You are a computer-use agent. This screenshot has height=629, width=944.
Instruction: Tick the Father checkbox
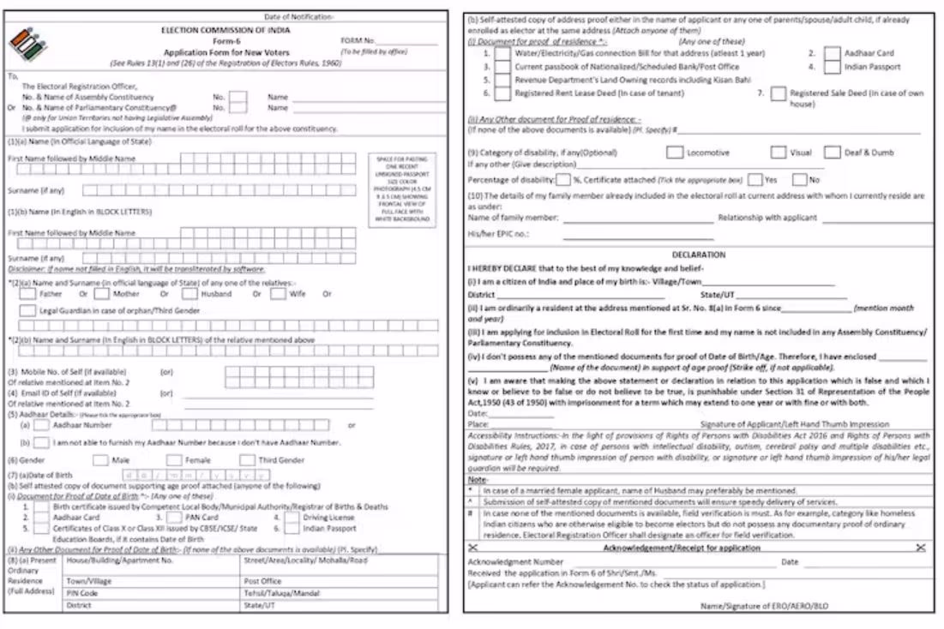point(27,294)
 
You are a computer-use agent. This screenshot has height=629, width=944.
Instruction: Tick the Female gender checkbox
point(174,460)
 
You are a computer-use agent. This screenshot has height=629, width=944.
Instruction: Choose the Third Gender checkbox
point(248,460)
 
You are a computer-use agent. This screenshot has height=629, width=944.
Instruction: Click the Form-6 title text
point(225,40)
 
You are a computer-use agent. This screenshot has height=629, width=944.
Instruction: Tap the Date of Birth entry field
point(189,475)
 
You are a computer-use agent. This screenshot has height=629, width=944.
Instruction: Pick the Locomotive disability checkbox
point(675,153)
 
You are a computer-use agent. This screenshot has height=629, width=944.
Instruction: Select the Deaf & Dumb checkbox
point(832,153)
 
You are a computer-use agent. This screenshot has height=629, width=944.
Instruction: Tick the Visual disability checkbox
point(778,153)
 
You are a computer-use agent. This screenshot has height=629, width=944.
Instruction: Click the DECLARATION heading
point(698,255)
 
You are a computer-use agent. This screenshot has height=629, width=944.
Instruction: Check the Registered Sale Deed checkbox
point(778,93)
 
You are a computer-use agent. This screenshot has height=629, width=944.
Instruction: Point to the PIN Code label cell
point(82,593)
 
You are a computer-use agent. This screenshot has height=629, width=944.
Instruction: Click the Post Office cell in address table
point(263,581)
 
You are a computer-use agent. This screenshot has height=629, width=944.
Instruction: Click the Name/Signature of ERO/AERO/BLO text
point(764,606)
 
